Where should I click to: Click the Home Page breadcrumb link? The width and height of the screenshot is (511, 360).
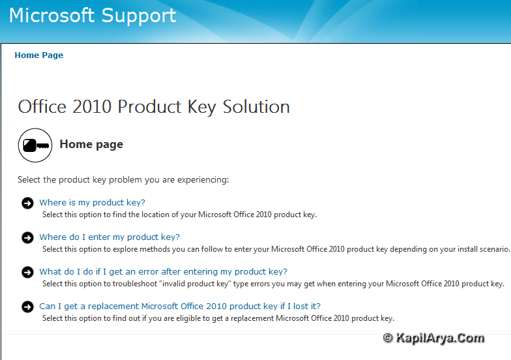pos(39,55)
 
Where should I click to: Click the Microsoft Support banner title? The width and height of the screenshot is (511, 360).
pos(93,16)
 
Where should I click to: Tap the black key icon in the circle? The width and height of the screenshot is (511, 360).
pos(35,145)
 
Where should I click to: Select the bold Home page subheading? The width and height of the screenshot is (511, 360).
pos(91,144)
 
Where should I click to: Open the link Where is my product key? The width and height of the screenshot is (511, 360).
pos(93,202)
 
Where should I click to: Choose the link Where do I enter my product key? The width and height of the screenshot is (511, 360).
pos(109,237)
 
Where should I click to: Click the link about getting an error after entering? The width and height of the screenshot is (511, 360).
pos(163,271)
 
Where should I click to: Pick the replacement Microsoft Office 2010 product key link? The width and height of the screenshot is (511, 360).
pos(180,307)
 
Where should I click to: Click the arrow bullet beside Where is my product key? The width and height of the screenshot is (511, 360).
pos(27,203)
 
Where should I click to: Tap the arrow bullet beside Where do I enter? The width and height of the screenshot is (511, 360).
pos(27,237)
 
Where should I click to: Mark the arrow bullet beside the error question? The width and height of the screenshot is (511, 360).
pos(27,273)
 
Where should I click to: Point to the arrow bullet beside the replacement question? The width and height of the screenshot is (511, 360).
pos(27,307)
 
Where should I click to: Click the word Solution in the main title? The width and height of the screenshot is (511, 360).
pos(256,107)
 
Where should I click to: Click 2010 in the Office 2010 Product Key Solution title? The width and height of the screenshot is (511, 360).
pos(92,107)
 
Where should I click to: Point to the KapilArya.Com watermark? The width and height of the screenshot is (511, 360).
pos(434,338)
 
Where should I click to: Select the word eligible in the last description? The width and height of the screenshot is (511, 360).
pos(188,318)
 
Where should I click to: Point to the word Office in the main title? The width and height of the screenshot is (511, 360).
pos(42,107)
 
